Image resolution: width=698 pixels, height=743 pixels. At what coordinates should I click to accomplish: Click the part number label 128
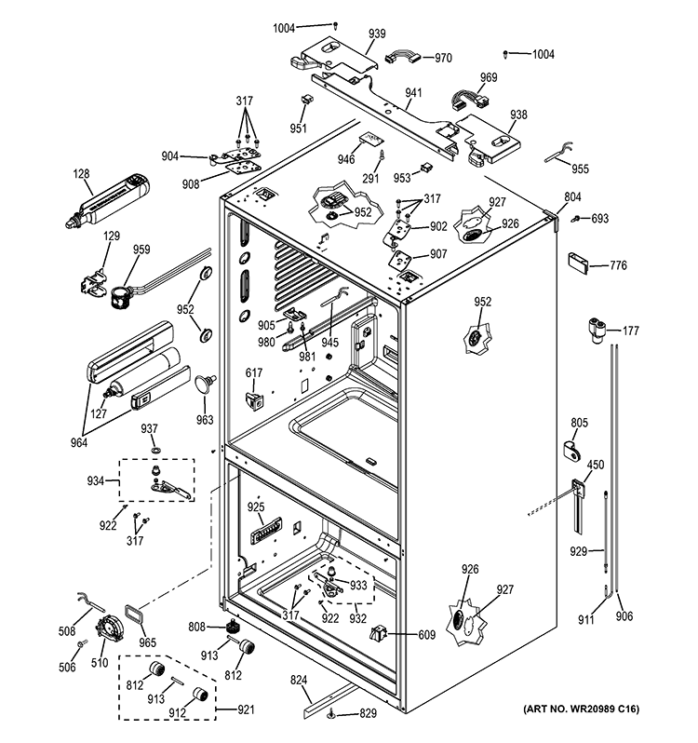click(x=83, y=173)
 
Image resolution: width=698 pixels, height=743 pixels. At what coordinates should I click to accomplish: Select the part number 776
click(x=618, y=265)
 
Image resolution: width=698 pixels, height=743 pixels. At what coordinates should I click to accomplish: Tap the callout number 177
click(x=631, y=331)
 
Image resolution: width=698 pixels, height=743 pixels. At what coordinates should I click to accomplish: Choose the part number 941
click(x=413, y=93)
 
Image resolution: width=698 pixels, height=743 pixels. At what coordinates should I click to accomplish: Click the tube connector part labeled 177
click(x=597, y=328)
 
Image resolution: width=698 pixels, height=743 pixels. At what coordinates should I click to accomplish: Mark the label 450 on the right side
click(x=596, y=466)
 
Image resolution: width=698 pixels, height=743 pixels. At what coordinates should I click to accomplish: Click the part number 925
click(x=256, y=507)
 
